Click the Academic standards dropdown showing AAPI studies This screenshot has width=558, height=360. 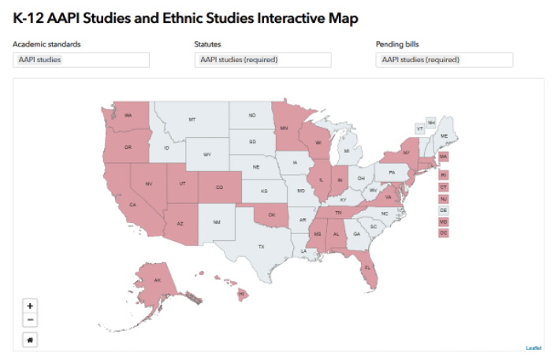click(82, 60)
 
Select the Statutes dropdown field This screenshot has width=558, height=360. click(263, 60)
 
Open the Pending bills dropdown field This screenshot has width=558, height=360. click(445, 60)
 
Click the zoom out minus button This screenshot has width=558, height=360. click(30, 320)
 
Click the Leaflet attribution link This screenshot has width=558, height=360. click(534, 347)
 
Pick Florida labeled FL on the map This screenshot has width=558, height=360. click(368, 268)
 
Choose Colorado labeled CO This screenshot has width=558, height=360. click(218, 187)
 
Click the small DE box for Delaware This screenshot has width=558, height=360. click(443, 210)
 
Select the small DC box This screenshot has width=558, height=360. click(443, 233)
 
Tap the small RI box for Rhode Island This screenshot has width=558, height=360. click(443, 175)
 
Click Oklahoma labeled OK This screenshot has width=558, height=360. click(272, 213)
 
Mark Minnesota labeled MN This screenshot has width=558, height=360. click(284, 128)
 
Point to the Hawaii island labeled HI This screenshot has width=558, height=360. click(242, 295)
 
